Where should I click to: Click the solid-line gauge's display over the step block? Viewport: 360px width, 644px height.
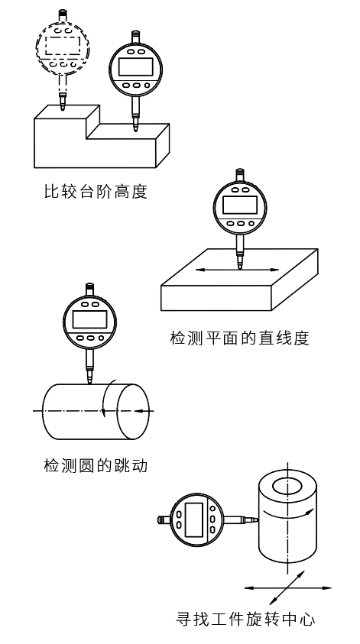click(136, 65)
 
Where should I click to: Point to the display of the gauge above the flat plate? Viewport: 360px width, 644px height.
click(241, 205)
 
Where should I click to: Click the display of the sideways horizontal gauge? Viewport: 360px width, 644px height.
click(194, 519)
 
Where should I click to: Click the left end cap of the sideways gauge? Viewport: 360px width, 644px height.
click(161, 519)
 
